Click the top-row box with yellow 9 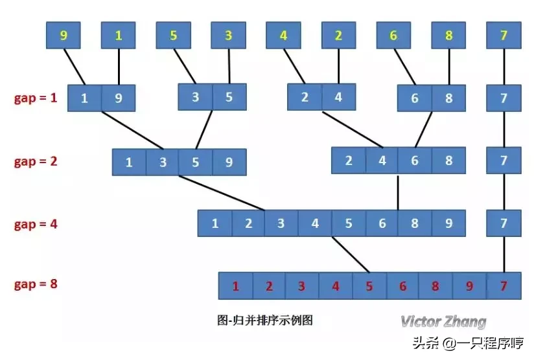[x=63, y=36]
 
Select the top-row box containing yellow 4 [x=283, y=36]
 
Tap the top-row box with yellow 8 [x=449, y=36]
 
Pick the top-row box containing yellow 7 [x=504, y=36]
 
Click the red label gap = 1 [x=36, y=99]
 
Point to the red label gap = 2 [x=36, y=162]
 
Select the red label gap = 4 [x=36, y=225]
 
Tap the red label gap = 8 [x=36, y=284]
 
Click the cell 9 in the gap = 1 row [x=119, y=98]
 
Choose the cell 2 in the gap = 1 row [x=305, y=98]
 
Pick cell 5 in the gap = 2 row [x=196, y=162]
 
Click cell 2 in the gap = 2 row [x=349, y=161]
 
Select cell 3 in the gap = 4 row [x=281, y=224]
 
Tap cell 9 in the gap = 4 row [x=449, y=224]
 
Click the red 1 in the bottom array [x=236, y=286]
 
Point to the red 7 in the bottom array [x=504, y=286]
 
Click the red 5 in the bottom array [x=369, y=286]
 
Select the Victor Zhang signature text [x=443, y=322]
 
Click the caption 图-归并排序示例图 [x=264, y=320]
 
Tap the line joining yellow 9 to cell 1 [x=74, y=67]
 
